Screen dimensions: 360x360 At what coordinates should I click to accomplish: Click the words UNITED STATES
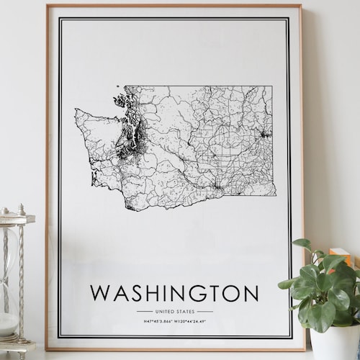tap(175, 311)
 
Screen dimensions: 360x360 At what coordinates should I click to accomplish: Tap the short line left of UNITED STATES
tap(145, 311)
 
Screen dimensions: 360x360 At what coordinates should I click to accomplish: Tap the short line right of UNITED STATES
tap(205, 311)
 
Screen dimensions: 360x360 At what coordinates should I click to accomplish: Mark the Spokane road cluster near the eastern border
tap(265, 134)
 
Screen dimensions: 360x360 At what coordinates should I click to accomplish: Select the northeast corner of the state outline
tap(272, 87)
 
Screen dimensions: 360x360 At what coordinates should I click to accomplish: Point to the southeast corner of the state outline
tap(274, 194)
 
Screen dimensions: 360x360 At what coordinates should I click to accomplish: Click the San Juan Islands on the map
tap(120, 101)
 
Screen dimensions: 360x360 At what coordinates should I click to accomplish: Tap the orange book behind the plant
tap(339, 256)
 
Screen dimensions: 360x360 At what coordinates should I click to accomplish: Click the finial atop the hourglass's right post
tap(22, 210)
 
